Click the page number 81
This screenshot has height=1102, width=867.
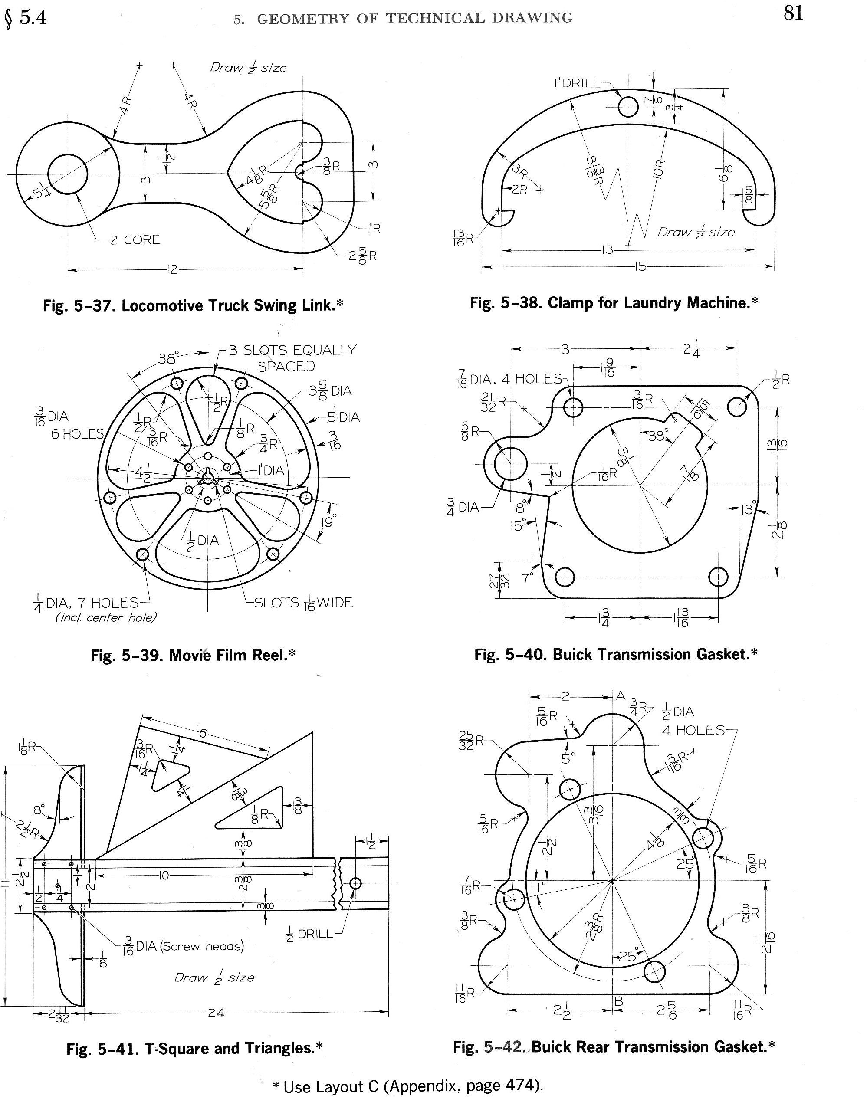[793, 13]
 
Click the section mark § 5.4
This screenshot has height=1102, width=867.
[25, 18]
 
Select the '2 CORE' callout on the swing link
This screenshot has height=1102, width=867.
[135, 239]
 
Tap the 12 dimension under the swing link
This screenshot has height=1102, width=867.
[173, 269]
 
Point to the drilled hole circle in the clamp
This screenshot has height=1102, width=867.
[628, 107]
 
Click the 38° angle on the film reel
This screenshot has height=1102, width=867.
[167, 359]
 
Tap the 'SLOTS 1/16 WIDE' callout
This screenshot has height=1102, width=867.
[303, 603]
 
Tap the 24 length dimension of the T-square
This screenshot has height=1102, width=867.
[216, 1013]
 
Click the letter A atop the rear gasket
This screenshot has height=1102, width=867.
[620, 696]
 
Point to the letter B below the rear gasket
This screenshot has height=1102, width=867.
[618, 1001]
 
